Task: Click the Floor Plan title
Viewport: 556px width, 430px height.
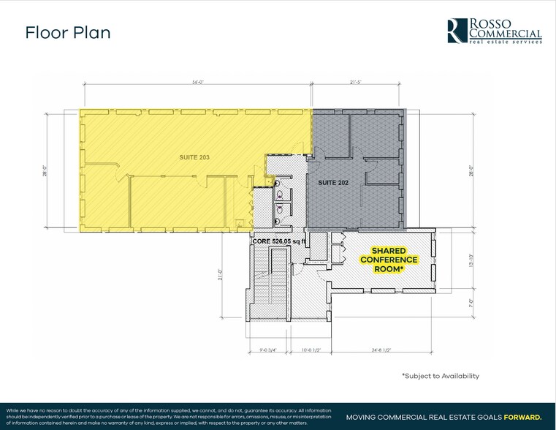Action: pyautogui.click(x=68, y=33)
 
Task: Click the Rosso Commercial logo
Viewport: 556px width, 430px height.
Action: pyautogui.click(x=494, y=31)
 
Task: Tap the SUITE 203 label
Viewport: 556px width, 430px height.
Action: pyautogui.click(x=194, y=157)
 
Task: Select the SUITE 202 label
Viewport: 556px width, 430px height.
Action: pyautogui.click(x=332, y=182)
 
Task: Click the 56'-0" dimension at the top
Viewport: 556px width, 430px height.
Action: pyautogui.click(x=198, y=82)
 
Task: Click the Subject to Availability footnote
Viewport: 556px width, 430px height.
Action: pyautogui.click(x=440, y=376)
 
